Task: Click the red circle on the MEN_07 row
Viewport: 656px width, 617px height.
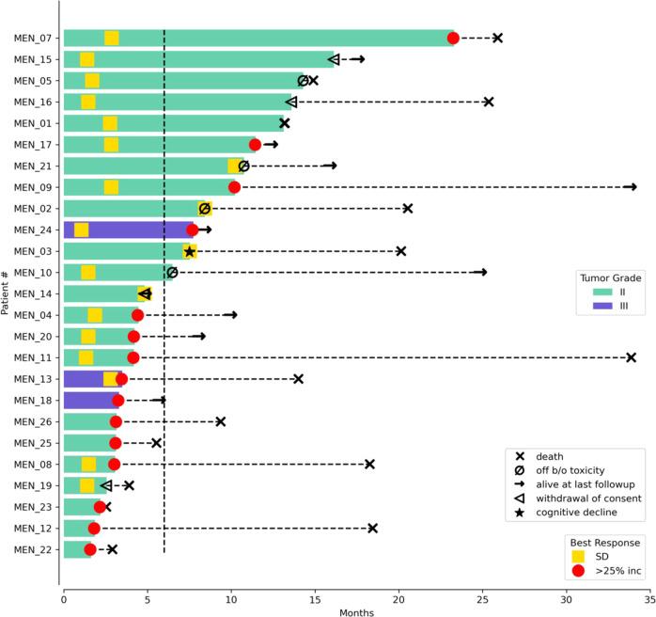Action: click(x=453, y=38)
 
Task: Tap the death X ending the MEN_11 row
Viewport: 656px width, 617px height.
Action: click(x=631, y=357)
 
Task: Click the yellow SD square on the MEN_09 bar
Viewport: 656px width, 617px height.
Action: click(x=111, y=187)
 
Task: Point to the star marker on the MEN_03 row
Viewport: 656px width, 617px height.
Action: click(x=190, y=251)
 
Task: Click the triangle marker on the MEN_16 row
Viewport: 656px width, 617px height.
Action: click(x=291, y=102)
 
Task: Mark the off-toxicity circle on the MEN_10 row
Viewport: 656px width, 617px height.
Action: click(x=172, y=273)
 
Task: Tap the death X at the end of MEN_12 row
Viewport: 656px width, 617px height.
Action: click(x=372, y=528)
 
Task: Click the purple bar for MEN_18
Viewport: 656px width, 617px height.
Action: click(x=88, y=400)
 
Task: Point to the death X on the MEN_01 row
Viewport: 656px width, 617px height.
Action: click(x=285, y=123)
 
